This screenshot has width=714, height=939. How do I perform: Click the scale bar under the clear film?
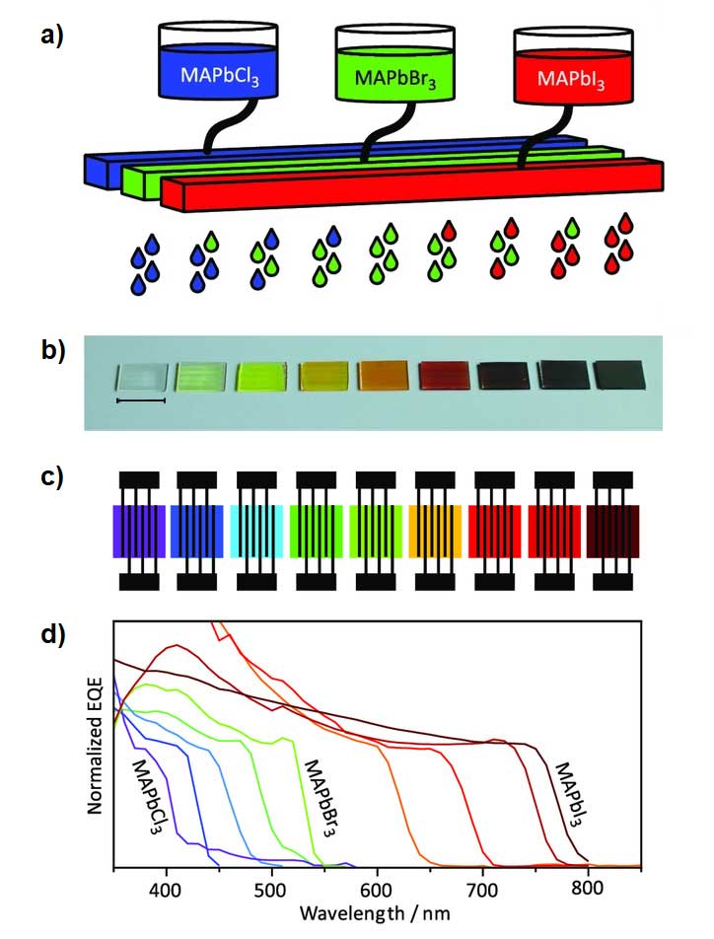141,401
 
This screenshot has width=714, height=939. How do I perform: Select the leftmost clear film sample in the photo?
140,377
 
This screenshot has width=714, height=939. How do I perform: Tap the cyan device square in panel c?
256,532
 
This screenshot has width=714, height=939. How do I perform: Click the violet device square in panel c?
138,532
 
